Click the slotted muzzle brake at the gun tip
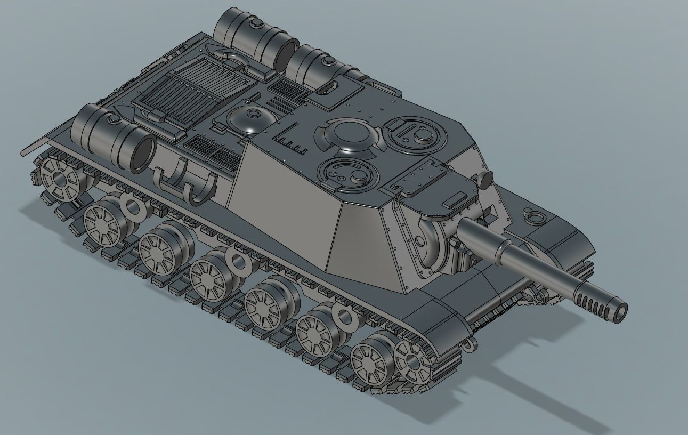605,305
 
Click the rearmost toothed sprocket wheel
59,175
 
